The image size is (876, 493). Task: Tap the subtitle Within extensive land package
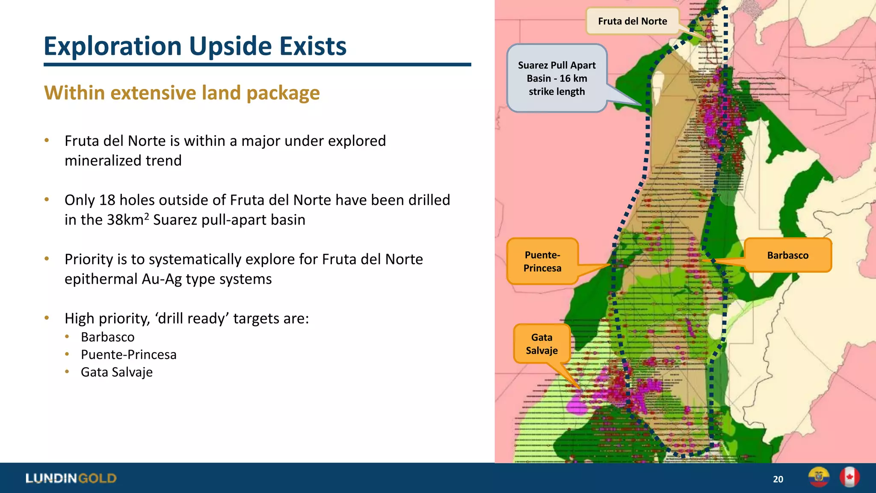click(182, 93)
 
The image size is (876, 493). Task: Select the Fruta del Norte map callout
click(632, 21)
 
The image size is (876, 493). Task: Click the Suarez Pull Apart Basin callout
click(556, 78)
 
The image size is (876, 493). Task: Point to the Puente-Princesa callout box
click(542, 261)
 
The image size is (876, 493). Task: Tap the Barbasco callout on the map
click(787, 255)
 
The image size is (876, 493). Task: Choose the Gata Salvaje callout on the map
click(542, 344)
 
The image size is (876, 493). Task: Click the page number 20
click(778, 479)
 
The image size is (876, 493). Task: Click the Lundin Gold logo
click(71, 478)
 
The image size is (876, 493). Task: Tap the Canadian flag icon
click(849, 477)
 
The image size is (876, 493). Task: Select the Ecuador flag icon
click(819, 477)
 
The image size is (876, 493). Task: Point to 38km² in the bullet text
click(128, 220)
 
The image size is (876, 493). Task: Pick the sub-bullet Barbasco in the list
click(108, 337)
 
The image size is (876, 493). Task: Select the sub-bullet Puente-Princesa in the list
click(128, 355)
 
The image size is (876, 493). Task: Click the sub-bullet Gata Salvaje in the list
click(116, 372)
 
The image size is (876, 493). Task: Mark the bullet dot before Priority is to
click(47, 258)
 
